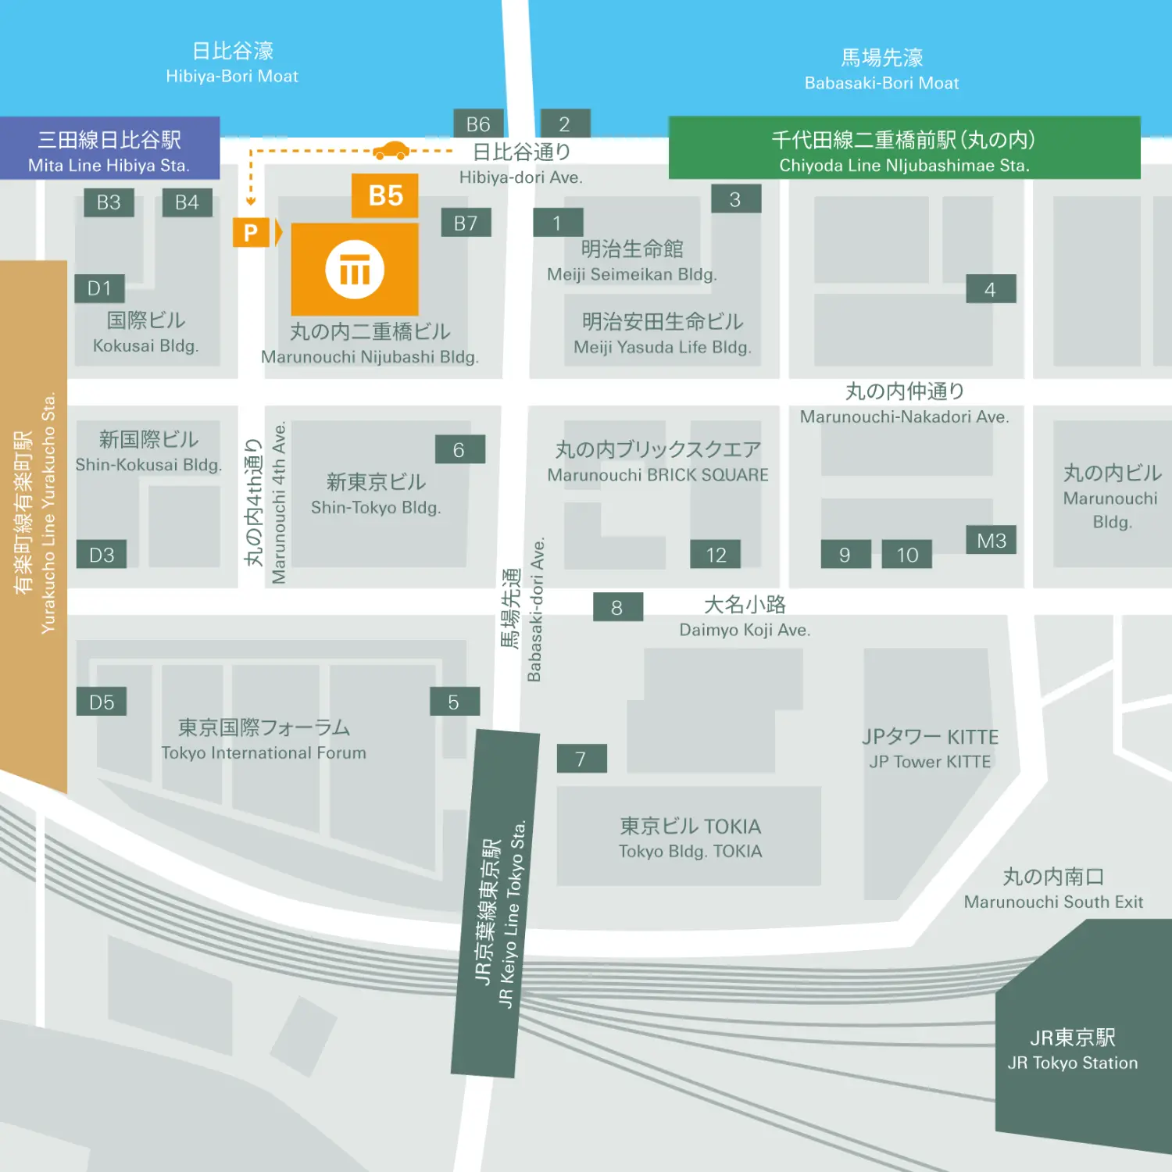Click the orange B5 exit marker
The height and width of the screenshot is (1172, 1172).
[384, 195]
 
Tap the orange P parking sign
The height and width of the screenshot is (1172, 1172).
[251, 233]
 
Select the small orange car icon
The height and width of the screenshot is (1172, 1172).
[391, 150]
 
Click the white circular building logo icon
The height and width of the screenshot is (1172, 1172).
[355, 270]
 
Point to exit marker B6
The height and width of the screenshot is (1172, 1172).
[478, 124]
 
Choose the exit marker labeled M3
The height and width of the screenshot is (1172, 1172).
[991, 541]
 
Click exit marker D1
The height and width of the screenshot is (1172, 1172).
[100, 288]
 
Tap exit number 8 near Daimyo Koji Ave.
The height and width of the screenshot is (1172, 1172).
[617, 607]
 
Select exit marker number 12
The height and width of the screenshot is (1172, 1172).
[716, 555]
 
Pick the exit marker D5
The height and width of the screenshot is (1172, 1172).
[102, 702]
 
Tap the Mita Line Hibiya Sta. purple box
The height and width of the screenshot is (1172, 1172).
[109, 149]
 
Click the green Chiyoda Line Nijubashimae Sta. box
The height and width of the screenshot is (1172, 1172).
[904, 149]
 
